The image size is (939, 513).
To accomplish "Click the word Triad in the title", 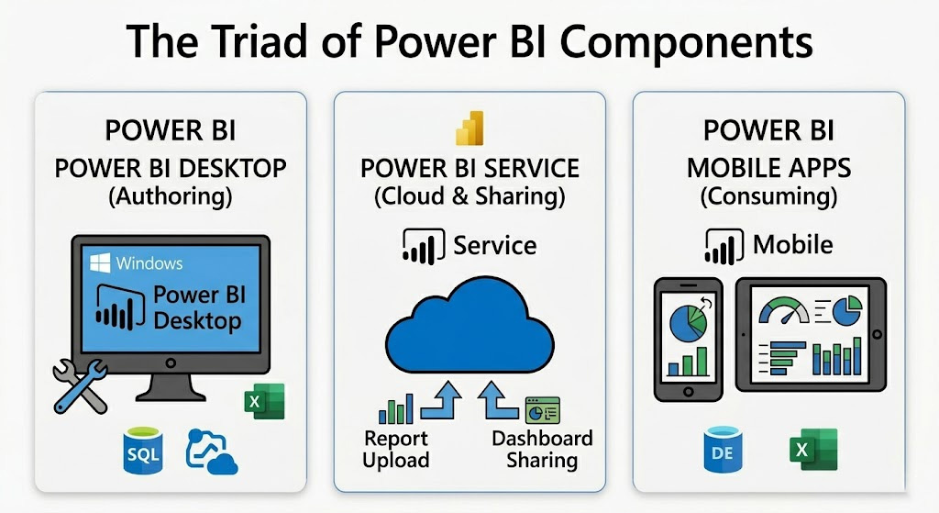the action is coord(260,41).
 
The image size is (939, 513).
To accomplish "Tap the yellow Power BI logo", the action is coord(469,128).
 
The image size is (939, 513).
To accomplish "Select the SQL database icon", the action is coord(143,451).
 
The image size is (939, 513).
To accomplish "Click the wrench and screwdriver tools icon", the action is coord(81,386).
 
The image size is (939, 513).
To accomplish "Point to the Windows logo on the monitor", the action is coord(100,262).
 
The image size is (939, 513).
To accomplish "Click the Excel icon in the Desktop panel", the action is coord(264,401).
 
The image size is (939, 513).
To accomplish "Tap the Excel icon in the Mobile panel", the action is coord(813,450).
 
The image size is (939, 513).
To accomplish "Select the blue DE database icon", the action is coord(723,450).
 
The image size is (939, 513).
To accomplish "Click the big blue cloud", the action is coord(469,327).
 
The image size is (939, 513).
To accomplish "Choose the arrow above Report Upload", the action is coord(441,401).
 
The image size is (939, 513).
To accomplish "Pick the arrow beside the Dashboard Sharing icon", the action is coord(498,400).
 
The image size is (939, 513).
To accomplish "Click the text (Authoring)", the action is coord(170,196).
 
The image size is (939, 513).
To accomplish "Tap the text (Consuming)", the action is coord(768,196).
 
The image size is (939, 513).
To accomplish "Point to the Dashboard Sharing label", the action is coord(542,449).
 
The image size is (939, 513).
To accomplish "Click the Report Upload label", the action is coord(396,449).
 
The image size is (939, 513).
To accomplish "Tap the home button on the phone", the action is coord(688,391).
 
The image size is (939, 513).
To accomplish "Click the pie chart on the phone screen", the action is coord(688,322).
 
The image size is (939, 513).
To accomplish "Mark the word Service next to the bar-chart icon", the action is coord(494,245).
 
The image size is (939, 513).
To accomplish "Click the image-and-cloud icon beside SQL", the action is coord(212,452).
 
